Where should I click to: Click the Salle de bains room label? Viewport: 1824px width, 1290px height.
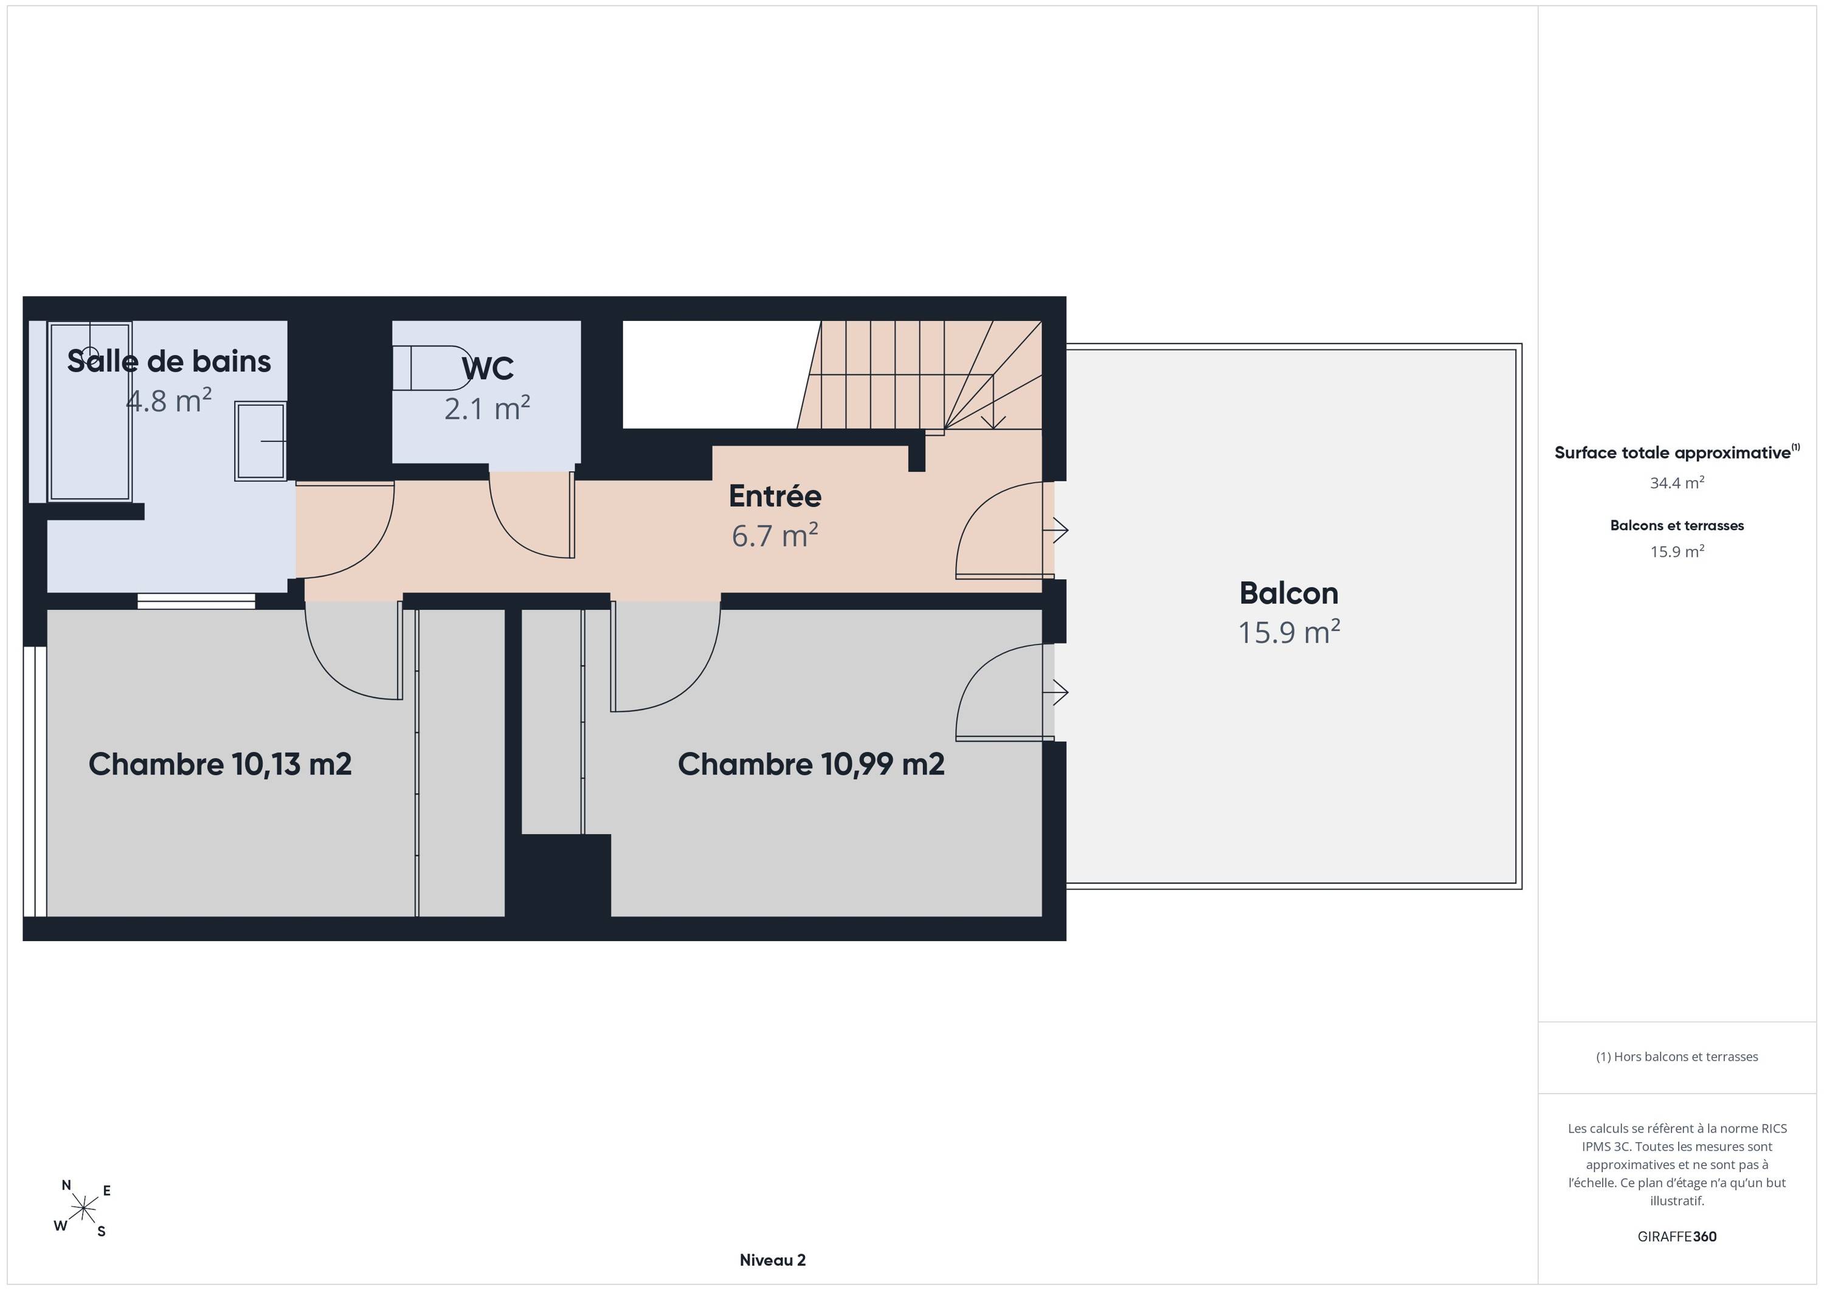169,362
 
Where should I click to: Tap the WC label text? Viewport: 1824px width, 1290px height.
488,368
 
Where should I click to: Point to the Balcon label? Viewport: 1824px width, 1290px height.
1288,593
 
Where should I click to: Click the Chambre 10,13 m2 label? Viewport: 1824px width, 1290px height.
220,764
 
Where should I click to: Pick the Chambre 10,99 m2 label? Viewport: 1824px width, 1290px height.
811,764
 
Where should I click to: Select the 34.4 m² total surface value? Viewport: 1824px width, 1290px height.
1677,483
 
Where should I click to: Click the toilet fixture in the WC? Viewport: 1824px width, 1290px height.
433,368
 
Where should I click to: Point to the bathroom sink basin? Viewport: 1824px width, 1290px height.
260,441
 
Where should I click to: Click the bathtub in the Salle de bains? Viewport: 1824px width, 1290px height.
90,412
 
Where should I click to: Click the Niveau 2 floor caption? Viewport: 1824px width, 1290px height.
772,1260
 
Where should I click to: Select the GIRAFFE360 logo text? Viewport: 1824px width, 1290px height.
1677,1237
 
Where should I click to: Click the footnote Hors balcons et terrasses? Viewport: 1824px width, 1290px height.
1677,1057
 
